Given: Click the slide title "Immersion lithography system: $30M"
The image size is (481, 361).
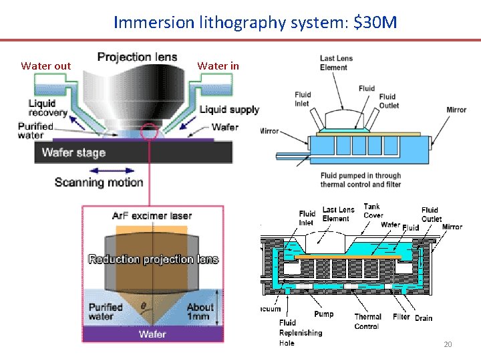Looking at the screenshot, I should pos(255,23).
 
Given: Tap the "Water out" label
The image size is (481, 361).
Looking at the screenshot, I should pos(45,66).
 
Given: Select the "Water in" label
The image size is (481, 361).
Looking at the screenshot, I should pos(218,66).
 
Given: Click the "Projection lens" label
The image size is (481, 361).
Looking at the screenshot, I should pos(137,57).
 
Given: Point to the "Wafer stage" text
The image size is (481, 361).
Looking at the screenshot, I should pos(73,152).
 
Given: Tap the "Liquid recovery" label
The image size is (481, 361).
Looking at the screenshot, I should pos(47,108).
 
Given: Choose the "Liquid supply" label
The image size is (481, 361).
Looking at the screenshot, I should pos(229,110).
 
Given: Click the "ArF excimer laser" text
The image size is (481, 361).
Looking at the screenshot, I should pos(152,216).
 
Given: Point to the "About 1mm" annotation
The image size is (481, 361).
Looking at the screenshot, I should pos(200,312).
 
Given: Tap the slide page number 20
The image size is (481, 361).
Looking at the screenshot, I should pos(448,344).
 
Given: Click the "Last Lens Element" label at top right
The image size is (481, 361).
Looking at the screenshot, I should pos(337,62).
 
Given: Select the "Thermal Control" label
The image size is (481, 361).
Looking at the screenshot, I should pos(367,322).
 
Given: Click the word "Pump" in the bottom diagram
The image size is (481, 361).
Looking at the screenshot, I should pos(323,314).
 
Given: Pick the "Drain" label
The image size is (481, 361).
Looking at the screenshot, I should pos(424,318).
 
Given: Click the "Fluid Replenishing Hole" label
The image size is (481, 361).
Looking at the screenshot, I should pos(300,332).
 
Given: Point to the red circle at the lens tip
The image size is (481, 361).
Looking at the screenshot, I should pos(150,132).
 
